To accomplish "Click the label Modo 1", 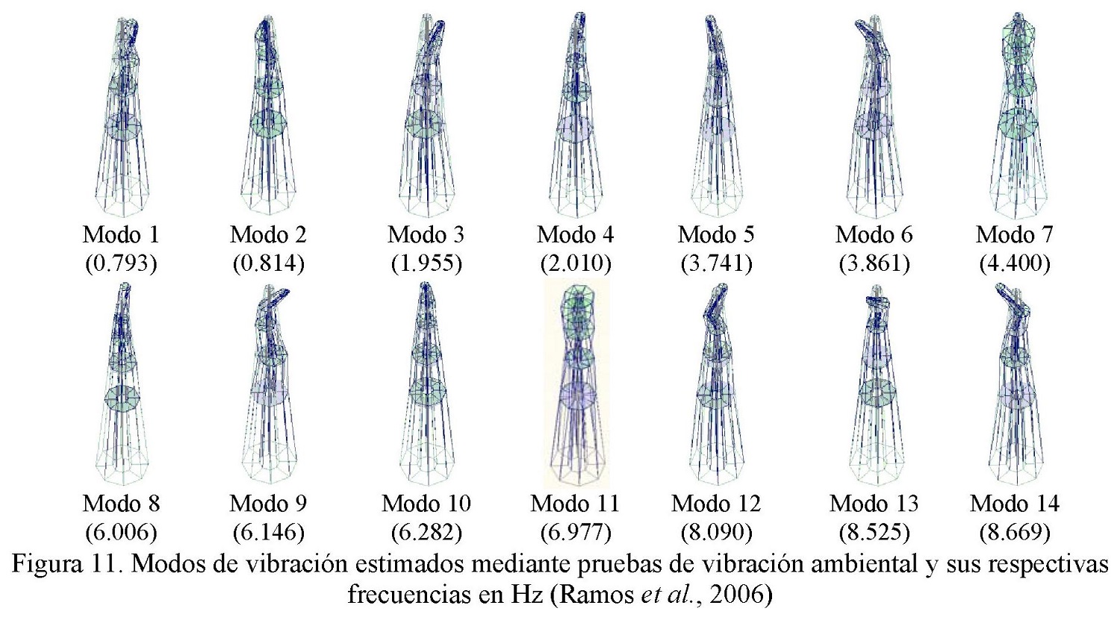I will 121,235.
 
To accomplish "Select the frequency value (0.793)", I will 121,263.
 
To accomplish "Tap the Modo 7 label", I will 1014,235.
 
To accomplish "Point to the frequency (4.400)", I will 1014,263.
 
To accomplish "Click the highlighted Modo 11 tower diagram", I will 576,384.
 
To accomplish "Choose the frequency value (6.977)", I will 575,533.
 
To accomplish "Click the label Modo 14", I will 1014,504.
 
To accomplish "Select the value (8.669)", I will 1014,533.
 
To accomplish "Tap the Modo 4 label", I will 575,235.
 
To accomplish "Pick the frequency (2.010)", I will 575,263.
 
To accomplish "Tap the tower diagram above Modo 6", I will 874,116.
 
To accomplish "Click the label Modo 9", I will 268,504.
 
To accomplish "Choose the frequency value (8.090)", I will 716,533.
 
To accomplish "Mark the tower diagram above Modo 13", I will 875,384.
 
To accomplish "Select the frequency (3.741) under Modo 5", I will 716,263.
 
